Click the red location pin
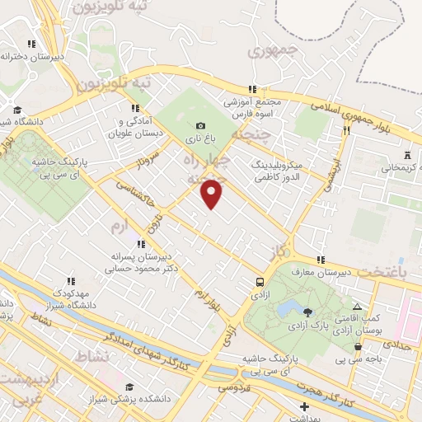coord(213,195)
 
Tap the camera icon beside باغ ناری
coord(199,126)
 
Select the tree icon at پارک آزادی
coord(307,312)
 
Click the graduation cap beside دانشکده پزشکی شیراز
coord(129,387)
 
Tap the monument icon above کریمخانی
coord(406,154)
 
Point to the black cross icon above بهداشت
coord(305,406)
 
